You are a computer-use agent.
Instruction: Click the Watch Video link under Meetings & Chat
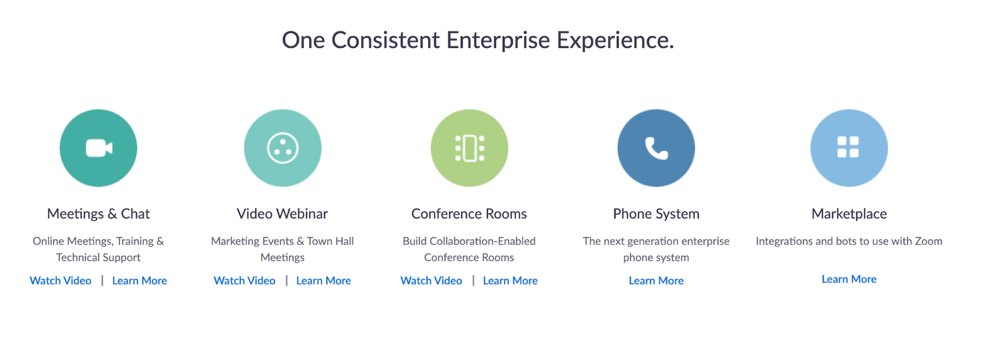tap(60, 281)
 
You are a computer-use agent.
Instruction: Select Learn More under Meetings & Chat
tap(140, 281)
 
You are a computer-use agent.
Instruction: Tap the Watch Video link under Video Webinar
tap(244, 281)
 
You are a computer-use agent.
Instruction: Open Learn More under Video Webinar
tap(324, 281)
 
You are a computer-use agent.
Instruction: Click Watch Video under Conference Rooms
tap(431, 281)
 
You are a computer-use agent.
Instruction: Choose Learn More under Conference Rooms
tap(510, 281)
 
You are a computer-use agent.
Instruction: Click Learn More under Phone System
tap(656, 281)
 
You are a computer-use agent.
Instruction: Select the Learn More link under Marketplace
tap(849, 279)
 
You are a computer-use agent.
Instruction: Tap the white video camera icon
tap(99, 148)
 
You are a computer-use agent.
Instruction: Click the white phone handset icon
tap(656, 148)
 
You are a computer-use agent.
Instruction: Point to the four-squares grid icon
tap(848, 147)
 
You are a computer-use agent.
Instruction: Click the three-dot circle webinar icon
tap(283, 148)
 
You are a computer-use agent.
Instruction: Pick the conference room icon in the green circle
tap(470, 148)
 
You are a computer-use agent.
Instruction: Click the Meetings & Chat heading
tap(98, 214)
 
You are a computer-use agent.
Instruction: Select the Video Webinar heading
tap(283, 214)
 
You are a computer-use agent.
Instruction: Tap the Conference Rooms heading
tap(469, 214)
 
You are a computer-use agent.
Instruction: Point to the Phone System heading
tap(656, 214)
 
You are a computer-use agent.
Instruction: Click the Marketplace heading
tap(849, 214)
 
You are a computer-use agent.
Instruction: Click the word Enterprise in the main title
tap(498, 40)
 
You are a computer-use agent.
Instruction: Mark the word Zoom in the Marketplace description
tap(929, 241)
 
